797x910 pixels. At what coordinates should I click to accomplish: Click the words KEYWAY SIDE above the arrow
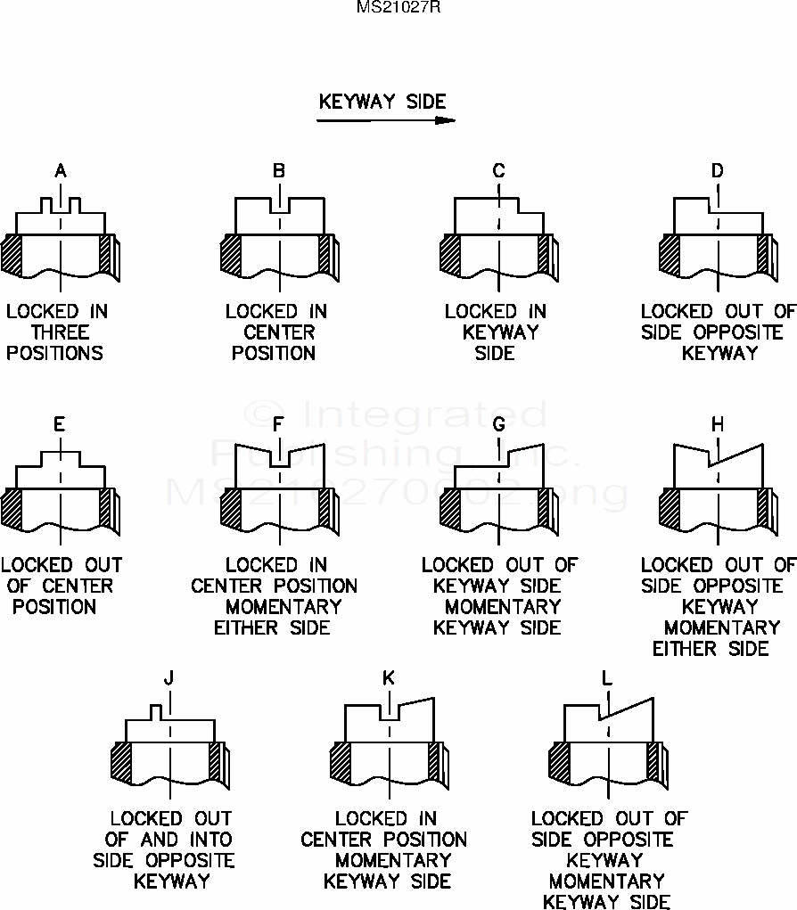point(382,102)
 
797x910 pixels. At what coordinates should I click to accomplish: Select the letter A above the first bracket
point(61,170)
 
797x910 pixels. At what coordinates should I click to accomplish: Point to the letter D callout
point(718,170)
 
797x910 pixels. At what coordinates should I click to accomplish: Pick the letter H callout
point(718,424)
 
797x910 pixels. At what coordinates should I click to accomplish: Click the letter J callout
point(168,678)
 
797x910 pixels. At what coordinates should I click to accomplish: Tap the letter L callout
point(607,678)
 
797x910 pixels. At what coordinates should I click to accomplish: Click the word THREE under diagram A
point(61,332)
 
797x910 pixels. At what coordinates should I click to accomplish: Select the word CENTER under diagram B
point(279,332)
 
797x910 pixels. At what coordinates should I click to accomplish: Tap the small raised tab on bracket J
point(157,711)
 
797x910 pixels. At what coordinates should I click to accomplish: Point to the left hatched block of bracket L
point(559,764)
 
